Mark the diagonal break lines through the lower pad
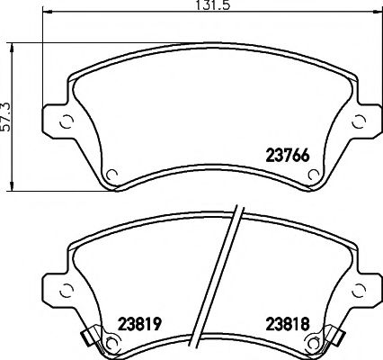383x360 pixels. click(232, 279)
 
